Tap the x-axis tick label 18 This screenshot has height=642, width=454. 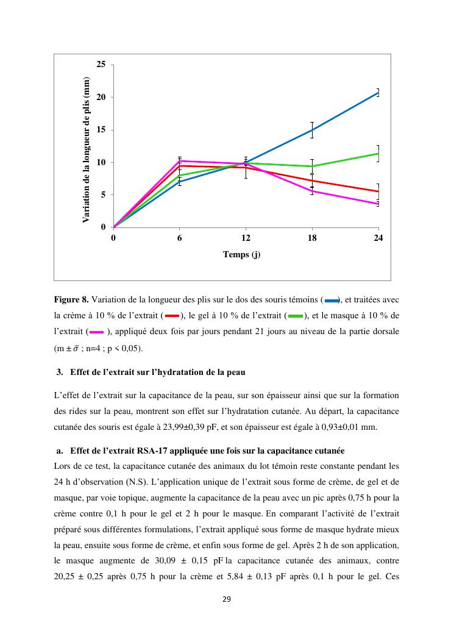(x=312, y=238)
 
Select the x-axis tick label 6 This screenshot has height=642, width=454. (x=180, y=238)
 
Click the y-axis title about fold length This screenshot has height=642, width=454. (x=87, y=150)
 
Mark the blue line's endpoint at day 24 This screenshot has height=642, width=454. (x=378, y=92)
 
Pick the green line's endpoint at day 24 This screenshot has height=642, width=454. (x=378, y=153)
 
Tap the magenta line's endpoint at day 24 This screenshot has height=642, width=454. (x=378, y=204)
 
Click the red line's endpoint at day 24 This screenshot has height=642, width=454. (x=378, y=191)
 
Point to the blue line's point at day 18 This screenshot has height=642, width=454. (x=312, y=130)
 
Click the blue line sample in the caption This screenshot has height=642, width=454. (x=332, y=300)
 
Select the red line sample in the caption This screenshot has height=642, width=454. (x=172, y=316)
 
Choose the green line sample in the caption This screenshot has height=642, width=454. (x=296, y=316)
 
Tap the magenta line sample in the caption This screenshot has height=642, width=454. (x=96, y=332)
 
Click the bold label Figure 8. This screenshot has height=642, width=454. (x=71, y=300)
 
